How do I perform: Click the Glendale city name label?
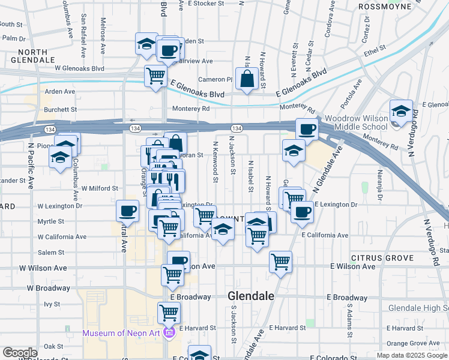click(250, 296)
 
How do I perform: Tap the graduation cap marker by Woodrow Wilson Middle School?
click(400, 111)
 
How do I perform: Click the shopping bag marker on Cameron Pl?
click(247, 79)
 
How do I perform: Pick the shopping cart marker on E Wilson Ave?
click(280, 262)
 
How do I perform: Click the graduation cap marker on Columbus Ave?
click(60, 157)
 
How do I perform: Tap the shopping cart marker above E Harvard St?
click(169, 312)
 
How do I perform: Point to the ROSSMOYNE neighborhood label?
click(385, 7)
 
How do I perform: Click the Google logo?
click(20, 352)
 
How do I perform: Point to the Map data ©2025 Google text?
click(411, 355)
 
